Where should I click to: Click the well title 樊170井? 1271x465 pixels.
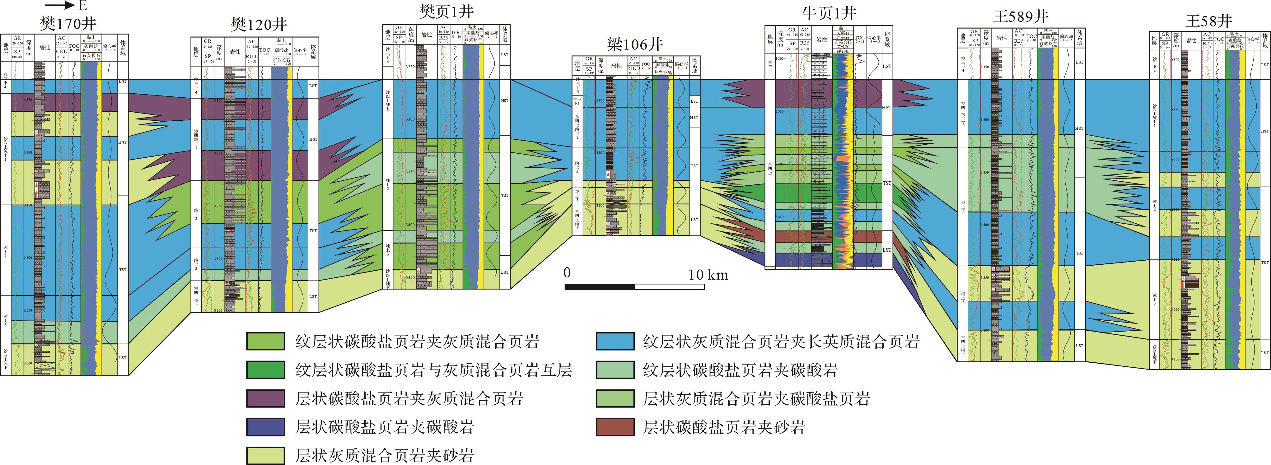(68, 24)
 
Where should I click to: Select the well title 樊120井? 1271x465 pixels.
(259, 25)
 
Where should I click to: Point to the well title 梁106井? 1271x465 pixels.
(634, 45)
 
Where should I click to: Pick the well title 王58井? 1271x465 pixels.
(1209, 21)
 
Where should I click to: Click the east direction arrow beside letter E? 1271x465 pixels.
(58, 6)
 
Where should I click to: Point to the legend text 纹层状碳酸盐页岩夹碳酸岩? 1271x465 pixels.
(740, 370)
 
